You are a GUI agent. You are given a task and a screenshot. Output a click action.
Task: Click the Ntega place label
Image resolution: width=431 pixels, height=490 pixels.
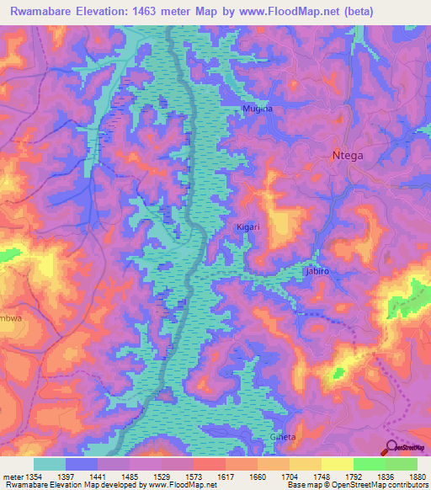point(349,155)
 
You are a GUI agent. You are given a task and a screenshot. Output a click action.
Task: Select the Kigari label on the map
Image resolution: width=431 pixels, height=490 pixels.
point(247,228)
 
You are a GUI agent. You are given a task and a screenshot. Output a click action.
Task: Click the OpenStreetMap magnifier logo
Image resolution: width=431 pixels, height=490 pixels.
point(392,447)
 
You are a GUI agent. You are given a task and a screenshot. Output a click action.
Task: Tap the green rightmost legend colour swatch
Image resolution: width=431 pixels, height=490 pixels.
point(402,464)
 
